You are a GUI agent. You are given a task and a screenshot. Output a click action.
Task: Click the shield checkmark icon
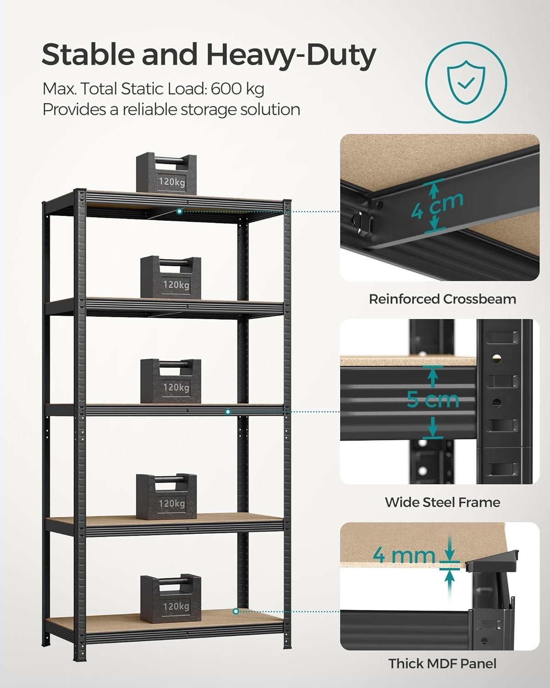(466, 83)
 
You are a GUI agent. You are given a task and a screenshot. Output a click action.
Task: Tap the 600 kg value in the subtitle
(237, 89)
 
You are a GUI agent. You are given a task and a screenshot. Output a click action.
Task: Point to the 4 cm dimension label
(437, 206)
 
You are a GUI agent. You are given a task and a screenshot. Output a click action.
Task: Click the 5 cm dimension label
(433, 399)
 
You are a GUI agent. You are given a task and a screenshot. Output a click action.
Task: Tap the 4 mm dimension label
(404, 555)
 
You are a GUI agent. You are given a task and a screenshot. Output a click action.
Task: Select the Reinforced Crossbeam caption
(442, 299)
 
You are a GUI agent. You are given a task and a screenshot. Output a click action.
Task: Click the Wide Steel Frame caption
(442, 502)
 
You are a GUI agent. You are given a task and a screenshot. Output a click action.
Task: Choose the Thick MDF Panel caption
(442, 663)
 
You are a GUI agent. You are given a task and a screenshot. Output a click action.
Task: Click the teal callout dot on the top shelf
(180, 211)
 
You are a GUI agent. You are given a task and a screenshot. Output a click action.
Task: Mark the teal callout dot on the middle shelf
(228, 412)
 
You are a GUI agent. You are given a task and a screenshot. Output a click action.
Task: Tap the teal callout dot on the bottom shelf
(236, 611)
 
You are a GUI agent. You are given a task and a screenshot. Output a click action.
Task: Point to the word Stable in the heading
(88, 55)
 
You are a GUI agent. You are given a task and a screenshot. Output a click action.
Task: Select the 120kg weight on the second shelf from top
(170, 277)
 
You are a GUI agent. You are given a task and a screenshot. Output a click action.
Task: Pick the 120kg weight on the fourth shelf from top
(166, 496)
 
